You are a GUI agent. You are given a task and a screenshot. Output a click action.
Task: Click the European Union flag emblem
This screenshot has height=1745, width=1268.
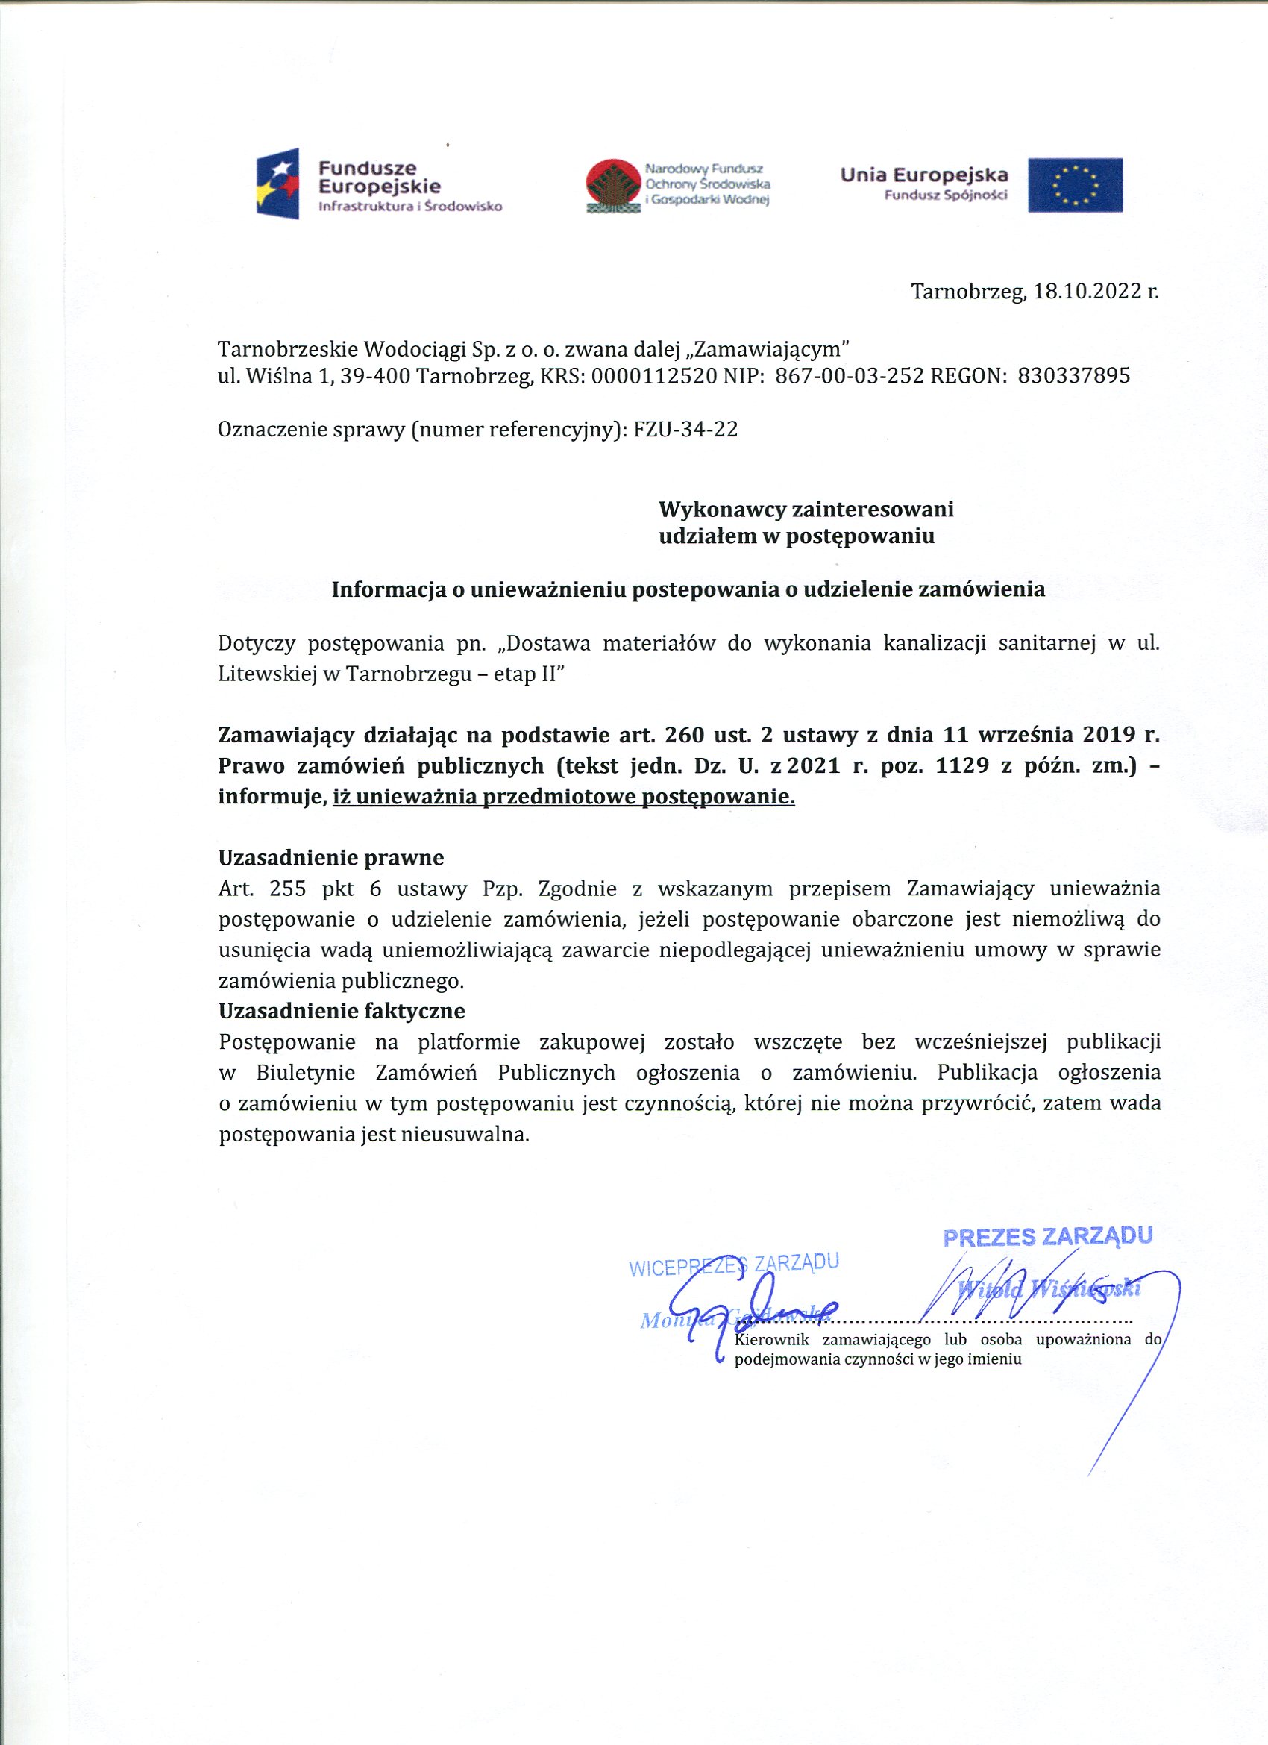(1075, 185)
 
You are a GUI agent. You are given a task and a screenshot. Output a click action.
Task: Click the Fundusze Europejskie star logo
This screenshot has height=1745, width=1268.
(277, 184)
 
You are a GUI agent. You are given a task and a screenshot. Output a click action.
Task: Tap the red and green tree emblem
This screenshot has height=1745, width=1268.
(613, 186)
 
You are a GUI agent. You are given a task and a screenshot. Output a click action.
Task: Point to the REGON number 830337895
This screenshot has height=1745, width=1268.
(1074, 375)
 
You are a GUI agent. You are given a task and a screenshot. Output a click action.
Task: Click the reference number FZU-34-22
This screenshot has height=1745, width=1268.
(685, 429)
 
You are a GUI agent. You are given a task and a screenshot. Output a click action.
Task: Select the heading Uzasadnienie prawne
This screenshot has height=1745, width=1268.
(331, 857)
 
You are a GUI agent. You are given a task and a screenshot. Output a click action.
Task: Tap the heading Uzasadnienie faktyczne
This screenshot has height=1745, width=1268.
(342, 1010)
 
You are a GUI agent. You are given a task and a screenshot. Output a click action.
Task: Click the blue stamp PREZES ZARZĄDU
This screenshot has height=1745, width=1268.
(1047, 1236)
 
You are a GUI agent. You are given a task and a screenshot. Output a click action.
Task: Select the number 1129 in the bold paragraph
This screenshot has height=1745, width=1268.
(961, 765)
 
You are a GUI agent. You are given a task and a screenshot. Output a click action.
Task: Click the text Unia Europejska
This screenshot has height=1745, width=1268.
(924, 175)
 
